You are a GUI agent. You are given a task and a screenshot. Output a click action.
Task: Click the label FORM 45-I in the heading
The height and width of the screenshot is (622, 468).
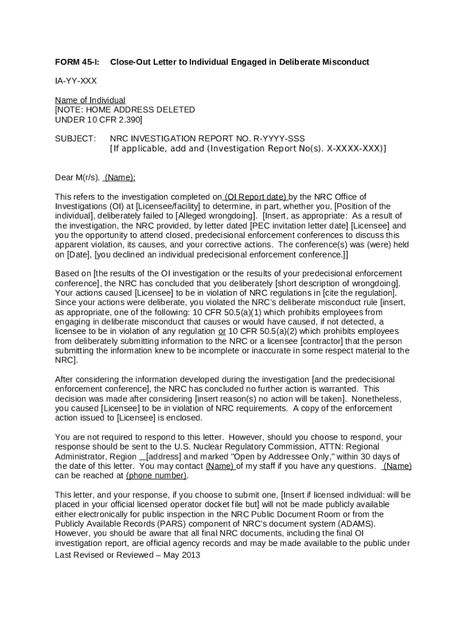click(x=77, y=62)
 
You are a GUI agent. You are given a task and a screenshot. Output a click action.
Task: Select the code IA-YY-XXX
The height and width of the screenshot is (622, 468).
click(x=76, y=81)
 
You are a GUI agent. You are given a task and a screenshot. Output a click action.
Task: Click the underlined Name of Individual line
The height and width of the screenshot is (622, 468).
click(x=90, y=100)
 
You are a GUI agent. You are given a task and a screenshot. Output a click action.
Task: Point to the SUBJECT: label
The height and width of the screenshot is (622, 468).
click(x=75, y=138)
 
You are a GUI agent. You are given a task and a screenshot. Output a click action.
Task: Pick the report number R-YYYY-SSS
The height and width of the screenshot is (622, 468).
click(x=275, y=138)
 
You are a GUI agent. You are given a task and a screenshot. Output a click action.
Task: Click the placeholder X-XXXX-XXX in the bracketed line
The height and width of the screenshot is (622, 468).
click(x=353, y=148)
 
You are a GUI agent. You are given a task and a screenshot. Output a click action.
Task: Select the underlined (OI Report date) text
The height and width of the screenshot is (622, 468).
click(x=255, y=197)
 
